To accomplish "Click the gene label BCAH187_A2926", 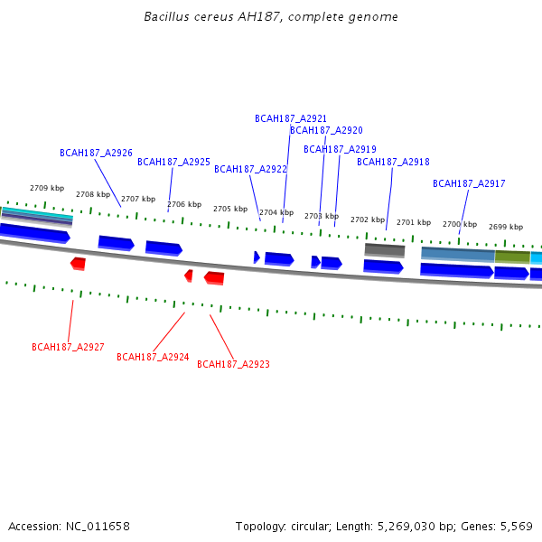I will click(96, 153).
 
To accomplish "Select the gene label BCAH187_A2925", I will click(173, 162).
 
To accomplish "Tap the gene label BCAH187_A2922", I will click(250, 169).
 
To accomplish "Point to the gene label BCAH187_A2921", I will click(291, 118).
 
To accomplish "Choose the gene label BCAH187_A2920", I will click(326, 130).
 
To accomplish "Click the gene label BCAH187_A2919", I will click(340, 149).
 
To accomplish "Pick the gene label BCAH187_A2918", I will click(393, 162).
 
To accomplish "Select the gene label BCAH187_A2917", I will click(469, 183).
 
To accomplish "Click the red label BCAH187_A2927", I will click(68, 347).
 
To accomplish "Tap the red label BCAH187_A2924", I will click(153, 357).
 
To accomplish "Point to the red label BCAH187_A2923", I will click(233, 364).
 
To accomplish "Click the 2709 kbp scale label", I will click(47, 188).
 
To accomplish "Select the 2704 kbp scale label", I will click(276, 212).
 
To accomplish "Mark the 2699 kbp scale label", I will click(506, 227).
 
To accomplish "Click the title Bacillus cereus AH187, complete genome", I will click(271, 17).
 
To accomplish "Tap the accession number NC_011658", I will click(98, 526).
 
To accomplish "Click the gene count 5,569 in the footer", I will click(516, 526).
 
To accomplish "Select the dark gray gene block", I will click(385, 249).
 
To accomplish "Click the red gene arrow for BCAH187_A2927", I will click(79, 263).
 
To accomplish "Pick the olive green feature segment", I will click(512, 257).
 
